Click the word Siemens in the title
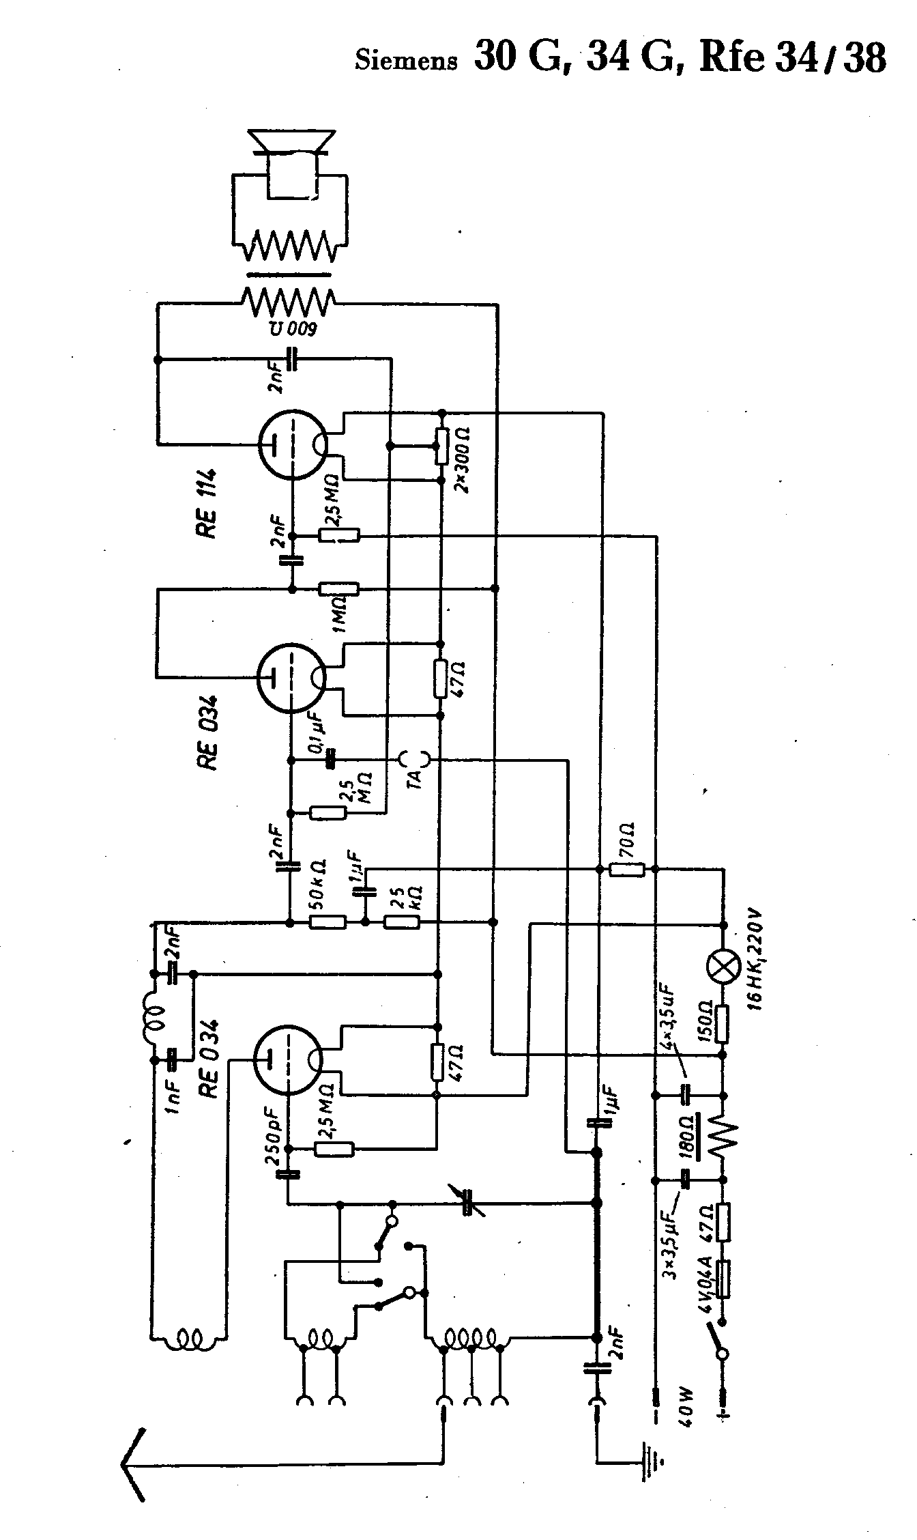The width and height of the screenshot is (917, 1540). click(405, 61)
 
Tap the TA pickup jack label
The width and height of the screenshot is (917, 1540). click(414, 777)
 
